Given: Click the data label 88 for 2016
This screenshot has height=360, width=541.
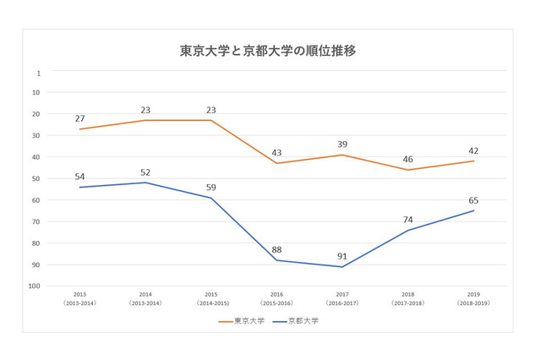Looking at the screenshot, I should tap(276, 248).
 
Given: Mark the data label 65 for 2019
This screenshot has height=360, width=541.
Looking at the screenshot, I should tap(473, 199).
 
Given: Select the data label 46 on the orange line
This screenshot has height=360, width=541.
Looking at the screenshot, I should tap(407, 158).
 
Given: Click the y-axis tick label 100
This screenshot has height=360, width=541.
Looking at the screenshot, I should tap(35, 286).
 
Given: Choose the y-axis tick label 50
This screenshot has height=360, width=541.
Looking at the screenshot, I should tap(36, 178).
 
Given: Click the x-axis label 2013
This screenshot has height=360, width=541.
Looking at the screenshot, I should tap(79, 296).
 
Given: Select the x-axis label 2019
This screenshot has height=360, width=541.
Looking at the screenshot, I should tap(473, 296).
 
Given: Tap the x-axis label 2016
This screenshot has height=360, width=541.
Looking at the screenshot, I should tap(276, 296).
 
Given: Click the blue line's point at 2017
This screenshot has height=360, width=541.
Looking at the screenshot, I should tap(342, 267).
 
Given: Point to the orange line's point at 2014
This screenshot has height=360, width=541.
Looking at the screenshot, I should tap(145, 120).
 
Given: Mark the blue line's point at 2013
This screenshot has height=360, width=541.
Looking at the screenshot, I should tap(79, 187).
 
